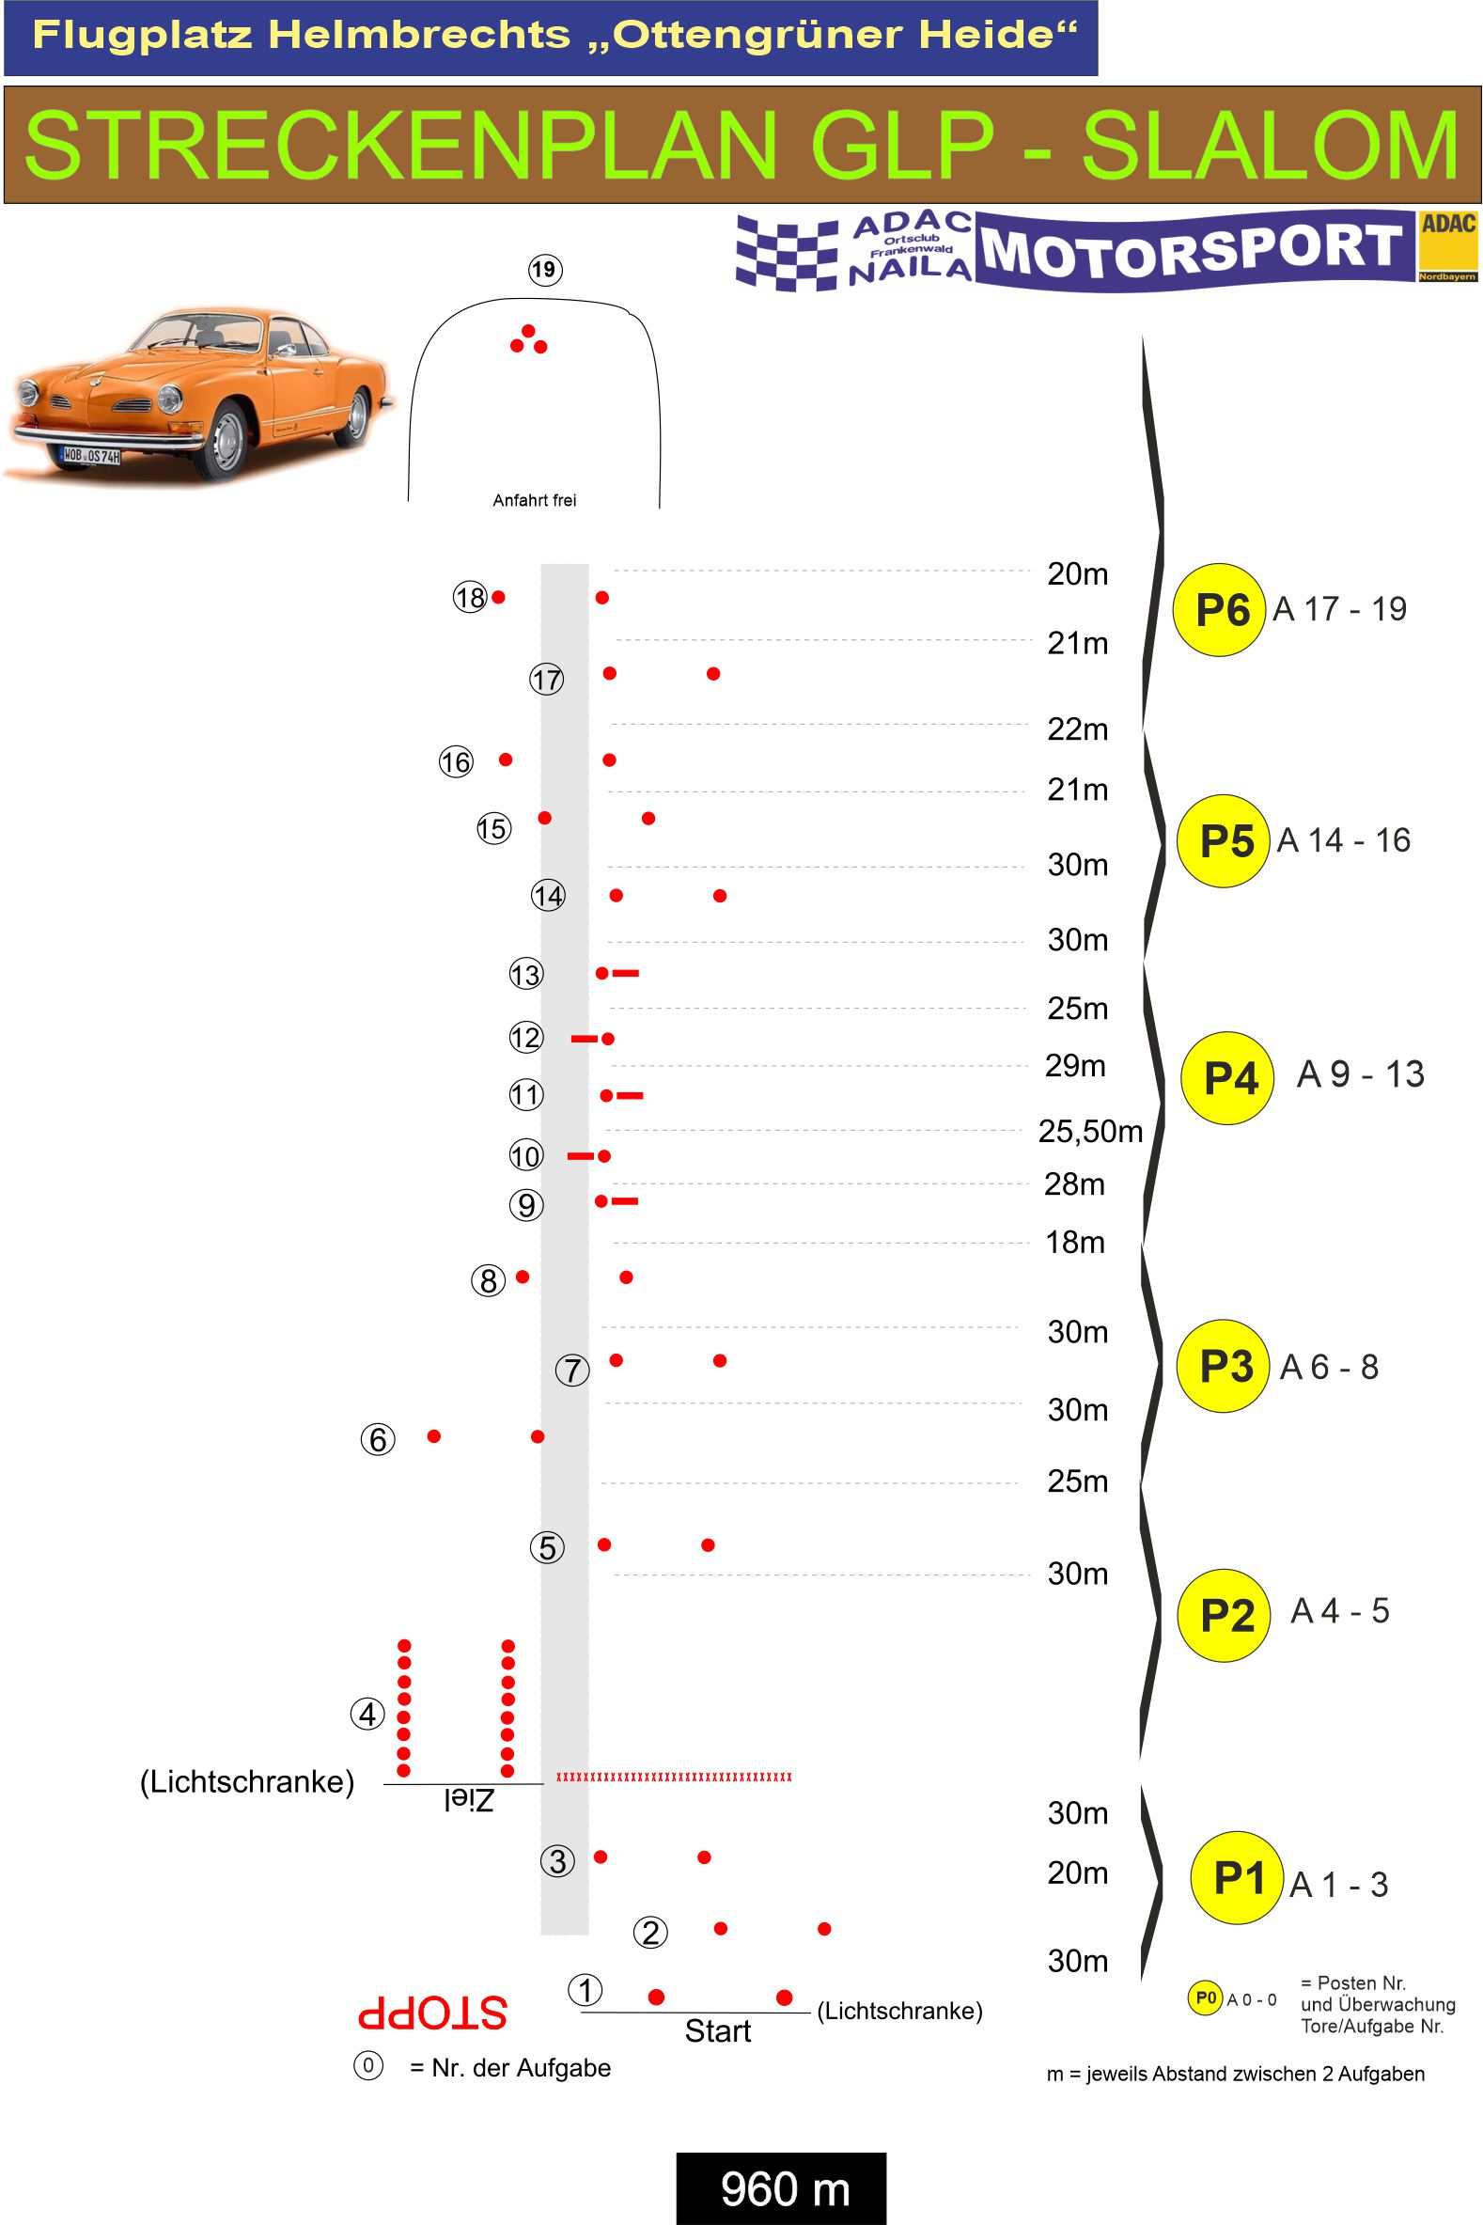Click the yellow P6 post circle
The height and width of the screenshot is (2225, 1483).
tap(1219, 610)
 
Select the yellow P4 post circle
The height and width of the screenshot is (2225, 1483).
tap(1228, 1077)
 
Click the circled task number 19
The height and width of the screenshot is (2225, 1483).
tap(544, 270)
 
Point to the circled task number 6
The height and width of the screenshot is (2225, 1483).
tap(378, 1439)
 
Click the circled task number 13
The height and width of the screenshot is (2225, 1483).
tap(526, 974)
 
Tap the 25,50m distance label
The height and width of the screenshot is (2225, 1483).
tap(1089, 1131)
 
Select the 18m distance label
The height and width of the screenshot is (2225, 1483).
tap(1074, 1241)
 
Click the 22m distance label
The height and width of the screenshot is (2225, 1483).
tap(1077, 729)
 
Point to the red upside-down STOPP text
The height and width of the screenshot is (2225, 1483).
tap(432, 2014)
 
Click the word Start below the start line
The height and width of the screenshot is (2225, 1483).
tap(717, 2030)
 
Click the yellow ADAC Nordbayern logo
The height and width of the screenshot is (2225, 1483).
tap(1448, 247)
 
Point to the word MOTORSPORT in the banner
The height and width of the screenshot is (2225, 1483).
tap(1192, 249)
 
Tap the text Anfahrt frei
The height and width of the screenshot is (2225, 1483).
tap(535, 500)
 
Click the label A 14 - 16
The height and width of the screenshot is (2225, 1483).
tap(1343, 840)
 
